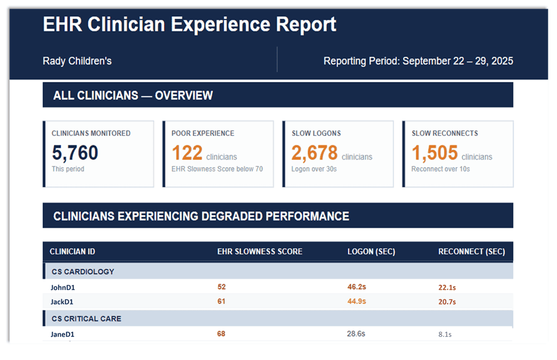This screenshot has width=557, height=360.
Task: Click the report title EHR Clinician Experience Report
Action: click(x=190, y=25)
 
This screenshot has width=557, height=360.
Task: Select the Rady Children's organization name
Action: click(x=77, y=61)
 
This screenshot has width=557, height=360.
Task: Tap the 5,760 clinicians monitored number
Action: click(x=75, y=153)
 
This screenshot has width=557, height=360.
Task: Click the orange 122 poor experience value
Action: click(x=187, y=153)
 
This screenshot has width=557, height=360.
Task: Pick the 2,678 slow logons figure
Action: click(x=314, y=153)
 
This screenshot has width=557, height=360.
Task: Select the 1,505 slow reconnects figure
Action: click(x=434, y=153)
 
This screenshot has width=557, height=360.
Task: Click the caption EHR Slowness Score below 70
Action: click(x=217, y=169)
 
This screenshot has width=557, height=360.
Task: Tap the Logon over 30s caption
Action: click(x=314, y=169)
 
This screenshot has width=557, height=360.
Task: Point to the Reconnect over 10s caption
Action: click(x=441, y=169)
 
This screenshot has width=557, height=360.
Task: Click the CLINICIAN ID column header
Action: click(x=73, y=252)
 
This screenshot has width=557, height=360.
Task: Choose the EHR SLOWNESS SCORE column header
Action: click(x=260, y=252)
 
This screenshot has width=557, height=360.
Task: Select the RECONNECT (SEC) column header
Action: click(x=471, y=252)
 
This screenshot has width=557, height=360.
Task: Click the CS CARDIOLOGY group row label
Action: click(x=83, y=272)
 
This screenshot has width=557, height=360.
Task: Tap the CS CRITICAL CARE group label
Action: click(x=86, y=319)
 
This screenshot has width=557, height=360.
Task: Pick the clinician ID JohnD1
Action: click(x=63, y=287)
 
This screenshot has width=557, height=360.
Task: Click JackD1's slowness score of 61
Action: click(x=222, y=301)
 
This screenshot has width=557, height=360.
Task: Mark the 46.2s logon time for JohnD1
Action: click(x=357, y=287)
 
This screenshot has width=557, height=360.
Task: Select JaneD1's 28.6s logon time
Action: click(x=356, y=334)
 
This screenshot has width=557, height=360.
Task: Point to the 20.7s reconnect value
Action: click(x=447, y=302)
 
